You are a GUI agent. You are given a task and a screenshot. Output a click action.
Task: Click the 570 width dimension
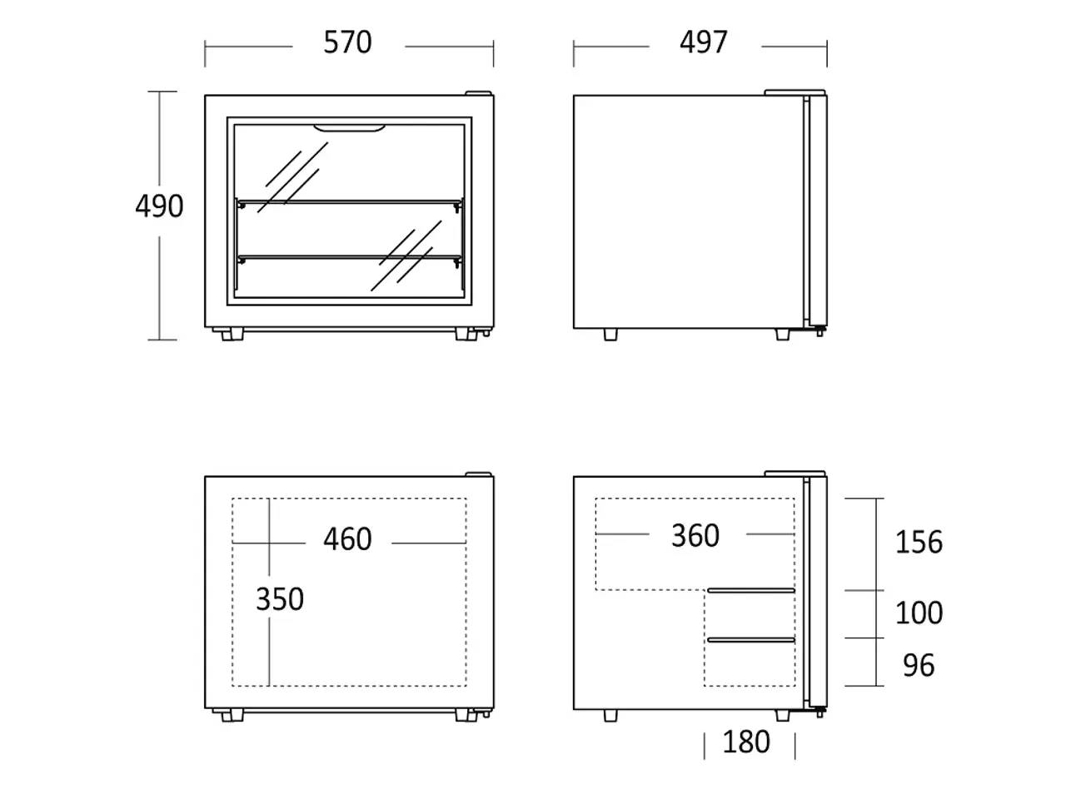coord(348,42)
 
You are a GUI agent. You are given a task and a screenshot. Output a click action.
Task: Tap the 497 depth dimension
coord(703,42)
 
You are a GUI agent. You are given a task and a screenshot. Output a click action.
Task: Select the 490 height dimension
coord(159,206)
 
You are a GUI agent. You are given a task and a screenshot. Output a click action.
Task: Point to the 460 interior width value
coord(348,539)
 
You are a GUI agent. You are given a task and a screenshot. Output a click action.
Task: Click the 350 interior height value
coord(280,599)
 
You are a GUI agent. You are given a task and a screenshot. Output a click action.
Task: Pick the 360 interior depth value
coord(695,536)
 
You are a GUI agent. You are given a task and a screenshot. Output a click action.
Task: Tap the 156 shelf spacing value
coord(919,542)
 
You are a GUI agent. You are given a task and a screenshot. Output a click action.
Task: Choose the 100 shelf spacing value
coord(919,613)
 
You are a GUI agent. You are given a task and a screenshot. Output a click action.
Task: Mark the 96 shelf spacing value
coord(919,666)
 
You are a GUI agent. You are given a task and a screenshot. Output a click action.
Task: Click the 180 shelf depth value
coord(746,742)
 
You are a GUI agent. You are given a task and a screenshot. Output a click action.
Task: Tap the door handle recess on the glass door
coord(349,128)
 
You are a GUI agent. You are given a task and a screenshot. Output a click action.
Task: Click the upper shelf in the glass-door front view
coord(350,201)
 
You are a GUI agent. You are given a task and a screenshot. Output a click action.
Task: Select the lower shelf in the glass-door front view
coord(350,257)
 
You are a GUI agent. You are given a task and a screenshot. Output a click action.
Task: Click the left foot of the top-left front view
coord(232,335)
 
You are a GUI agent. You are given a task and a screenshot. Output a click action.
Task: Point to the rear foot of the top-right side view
coord(610,335)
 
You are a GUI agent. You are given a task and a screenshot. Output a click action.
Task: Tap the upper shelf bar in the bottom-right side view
coord(751,590)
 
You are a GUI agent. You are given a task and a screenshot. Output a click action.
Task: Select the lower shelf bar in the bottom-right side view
coord(751,640)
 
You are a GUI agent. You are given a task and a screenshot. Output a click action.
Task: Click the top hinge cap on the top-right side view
coord(795,92)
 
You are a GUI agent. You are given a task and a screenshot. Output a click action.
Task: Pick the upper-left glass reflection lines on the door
coord(293,177)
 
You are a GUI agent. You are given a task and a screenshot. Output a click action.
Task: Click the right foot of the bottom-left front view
coord(466,716)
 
